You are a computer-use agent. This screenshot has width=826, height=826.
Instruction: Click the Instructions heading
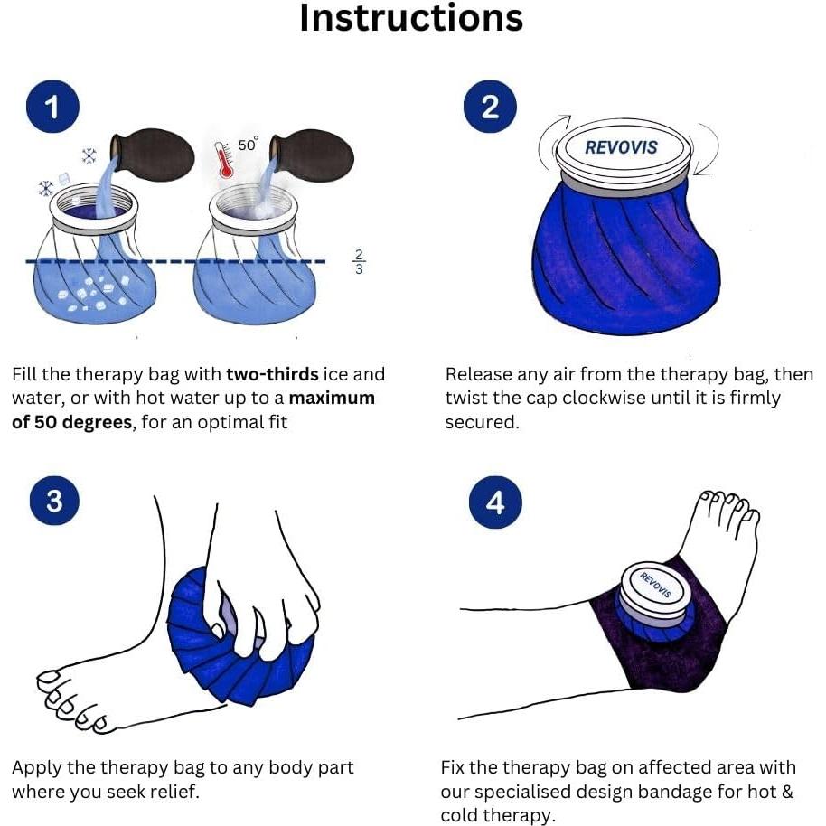[x=411, y=18]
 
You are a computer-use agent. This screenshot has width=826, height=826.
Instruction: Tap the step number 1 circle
[x=52, y=107]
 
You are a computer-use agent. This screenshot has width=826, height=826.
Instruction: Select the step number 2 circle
[x=490, y=107]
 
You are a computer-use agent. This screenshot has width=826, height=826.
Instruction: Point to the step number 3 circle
[x=55, y=501]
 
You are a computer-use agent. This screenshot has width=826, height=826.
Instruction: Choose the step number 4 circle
[x=495, y=502]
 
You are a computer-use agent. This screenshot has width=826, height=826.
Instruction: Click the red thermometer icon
[x=224, y=160]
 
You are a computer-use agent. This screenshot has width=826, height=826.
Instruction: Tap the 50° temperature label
[x=249, y=144]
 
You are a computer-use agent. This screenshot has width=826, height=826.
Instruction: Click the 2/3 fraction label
[x=359, y=262]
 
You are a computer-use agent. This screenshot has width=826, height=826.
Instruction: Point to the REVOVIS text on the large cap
[x=621, y=147]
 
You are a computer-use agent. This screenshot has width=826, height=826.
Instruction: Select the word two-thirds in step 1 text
[x=272, y=374]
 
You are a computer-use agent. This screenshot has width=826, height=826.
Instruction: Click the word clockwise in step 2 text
[x=604, y=399]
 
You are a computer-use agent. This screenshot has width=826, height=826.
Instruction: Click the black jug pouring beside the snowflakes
[x=152, y=155]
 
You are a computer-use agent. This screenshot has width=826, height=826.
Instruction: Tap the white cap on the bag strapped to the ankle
[x=653, y=588]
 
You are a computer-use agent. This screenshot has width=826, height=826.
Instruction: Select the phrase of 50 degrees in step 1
[x=71, y=422]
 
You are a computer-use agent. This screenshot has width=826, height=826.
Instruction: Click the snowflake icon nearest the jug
[x=89, y=156]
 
